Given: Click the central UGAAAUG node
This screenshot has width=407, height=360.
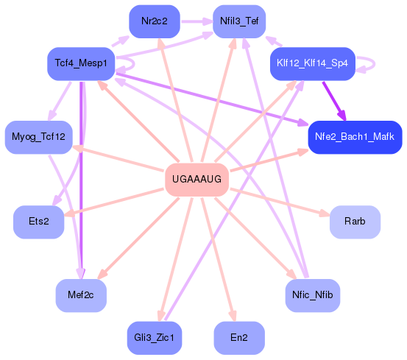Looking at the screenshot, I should (x=196, y=180).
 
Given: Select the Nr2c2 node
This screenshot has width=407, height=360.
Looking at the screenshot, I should (x=155, y=21).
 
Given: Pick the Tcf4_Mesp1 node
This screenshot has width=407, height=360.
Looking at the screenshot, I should (x=81, y=63).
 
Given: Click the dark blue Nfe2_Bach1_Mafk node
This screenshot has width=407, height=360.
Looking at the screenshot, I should (x=354, y=137).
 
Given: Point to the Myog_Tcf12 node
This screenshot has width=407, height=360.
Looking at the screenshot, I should (x=38, y=137).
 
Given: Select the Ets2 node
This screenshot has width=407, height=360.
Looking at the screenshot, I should (x=39, y=222).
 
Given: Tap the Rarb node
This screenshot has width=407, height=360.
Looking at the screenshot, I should (x=355, y=222).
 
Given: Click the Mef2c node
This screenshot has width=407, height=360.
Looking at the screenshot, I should (x=81, y=295).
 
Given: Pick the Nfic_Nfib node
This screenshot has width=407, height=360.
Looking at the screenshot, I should (x=312, y=295).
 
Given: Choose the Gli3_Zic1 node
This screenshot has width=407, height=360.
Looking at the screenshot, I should (x=155, y=337).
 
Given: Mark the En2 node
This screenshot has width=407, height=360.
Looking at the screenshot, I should (x=238, y=337).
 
